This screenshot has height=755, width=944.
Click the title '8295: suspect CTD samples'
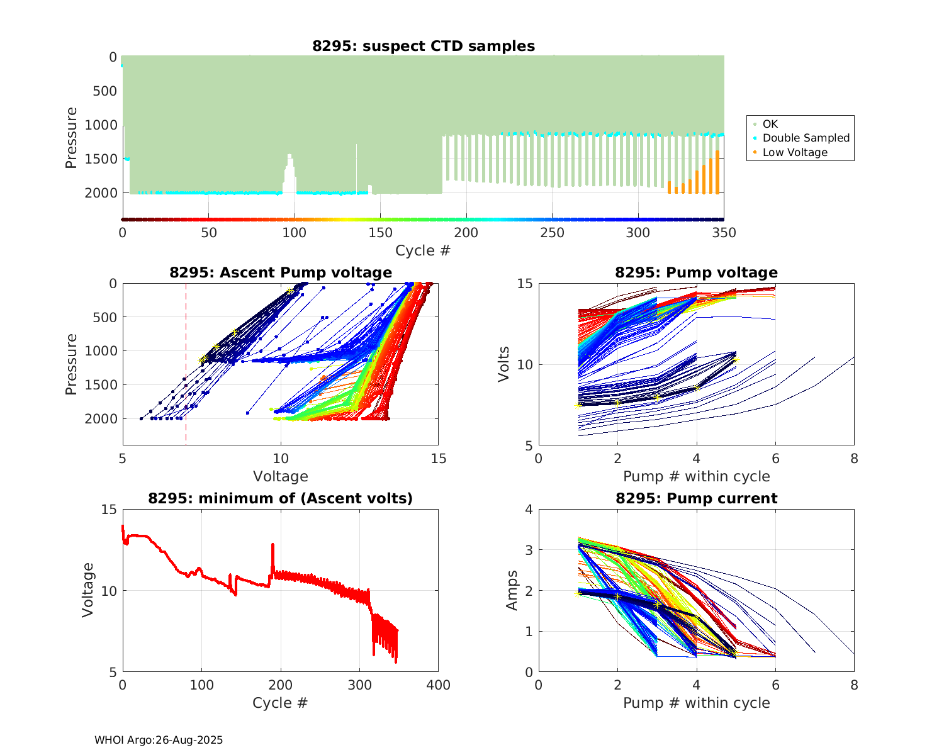point(424,46)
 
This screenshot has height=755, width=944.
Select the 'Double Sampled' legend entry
point(806,138)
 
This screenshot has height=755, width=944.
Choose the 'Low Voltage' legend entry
point(795,152)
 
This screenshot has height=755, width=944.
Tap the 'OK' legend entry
point(770,124)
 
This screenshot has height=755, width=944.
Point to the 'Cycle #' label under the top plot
point(423,250)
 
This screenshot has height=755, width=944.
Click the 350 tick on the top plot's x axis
point(724,233)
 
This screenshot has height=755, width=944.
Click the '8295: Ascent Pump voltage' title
point(281,272)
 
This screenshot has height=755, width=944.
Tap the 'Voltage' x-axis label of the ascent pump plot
point(281,476)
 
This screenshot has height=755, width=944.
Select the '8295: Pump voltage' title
point(696,272)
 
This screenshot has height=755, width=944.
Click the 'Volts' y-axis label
point(503,364)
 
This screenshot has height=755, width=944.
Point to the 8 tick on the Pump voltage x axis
point(854,459)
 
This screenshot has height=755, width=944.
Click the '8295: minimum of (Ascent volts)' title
point(281,499)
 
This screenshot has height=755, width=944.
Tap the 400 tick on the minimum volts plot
point(438,685)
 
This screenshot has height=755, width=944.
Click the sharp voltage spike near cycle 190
point(273,545)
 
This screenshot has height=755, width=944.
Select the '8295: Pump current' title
point(696,499)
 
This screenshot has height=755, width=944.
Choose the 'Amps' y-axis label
point(512,590)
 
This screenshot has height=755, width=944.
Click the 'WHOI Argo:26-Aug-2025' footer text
point(159,740)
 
